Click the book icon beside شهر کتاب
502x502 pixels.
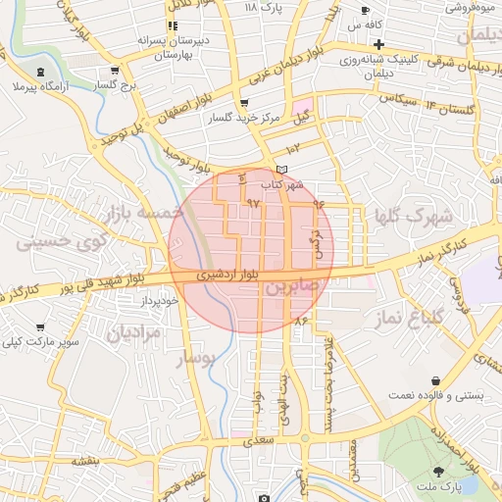[x=283, y=171]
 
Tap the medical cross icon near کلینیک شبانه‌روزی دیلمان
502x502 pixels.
[x=378, y=44]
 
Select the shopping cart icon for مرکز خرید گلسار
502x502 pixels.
[x=243, y=103]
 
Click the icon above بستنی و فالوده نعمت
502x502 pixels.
[x=433, y=380]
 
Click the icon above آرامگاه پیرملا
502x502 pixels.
[x=39, y=75]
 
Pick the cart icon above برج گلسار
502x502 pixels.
[x=116, y=70]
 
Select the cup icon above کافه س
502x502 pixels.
[x=366, y=11]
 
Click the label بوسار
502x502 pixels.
[x=193, y=359]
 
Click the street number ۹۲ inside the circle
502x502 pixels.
[x=253, y=204]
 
